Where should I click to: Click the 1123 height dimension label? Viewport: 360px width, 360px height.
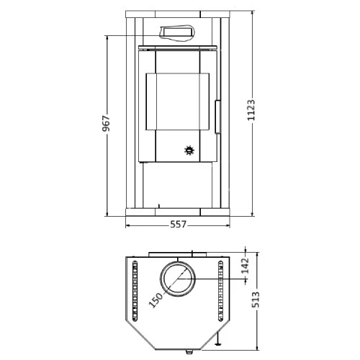(251, 109)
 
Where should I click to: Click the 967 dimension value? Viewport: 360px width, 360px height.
(106, 123)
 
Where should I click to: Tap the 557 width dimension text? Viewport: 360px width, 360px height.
(178, 225)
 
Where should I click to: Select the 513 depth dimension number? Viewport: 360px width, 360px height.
(256, 300)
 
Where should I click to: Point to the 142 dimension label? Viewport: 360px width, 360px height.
(246, 266)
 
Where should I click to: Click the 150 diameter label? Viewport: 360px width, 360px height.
(156, 300)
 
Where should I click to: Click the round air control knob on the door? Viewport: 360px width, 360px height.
(189, 150)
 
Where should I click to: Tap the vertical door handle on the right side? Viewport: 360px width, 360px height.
(217, 117)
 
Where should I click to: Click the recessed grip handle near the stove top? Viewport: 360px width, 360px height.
(177, 32)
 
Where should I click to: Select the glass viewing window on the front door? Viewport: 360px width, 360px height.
(177, 102)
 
